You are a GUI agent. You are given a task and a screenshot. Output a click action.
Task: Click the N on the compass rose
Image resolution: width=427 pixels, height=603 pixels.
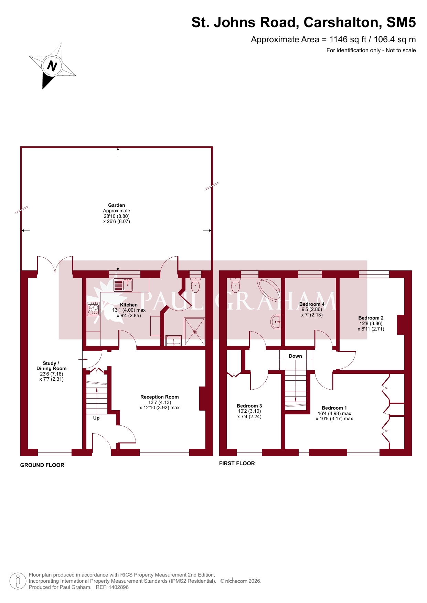[52, 66]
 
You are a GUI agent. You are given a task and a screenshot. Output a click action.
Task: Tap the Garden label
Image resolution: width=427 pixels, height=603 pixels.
[117, 205]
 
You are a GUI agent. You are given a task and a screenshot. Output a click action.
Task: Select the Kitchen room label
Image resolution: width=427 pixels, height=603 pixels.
[129, 305]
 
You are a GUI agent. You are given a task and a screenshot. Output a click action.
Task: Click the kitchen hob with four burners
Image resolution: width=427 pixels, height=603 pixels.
[93, 309]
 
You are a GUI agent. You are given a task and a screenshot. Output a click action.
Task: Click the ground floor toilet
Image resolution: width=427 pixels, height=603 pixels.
[195, 284]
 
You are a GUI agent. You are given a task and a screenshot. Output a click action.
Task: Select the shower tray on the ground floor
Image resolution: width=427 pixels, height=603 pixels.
[195, 332]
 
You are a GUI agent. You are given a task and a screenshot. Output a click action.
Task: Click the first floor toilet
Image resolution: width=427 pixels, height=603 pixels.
[236, 284]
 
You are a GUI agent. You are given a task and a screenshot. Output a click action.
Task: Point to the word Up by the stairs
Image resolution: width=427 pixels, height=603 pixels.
[96, 418]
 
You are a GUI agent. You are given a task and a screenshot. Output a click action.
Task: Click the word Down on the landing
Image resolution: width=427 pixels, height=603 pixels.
[296, 356]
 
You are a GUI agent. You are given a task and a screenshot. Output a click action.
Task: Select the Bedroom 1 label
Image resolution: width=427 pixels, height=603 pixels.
[334, 408]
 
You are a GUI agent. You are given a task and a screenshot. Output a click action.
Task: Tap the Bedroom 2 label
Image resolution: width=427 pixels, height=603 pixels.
[371, 318]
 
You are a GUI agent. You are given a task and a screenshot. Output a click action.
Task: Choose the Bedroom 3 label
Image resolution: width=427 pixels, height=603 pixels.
[249, 406]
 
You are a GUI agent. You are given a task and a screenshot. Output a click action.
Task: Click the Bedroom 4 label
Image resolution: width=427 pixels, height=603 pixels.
[312, 304]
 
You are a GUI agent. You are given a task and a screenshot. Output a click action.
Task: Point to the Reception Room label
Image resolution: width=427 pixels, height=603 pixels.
[160, 397]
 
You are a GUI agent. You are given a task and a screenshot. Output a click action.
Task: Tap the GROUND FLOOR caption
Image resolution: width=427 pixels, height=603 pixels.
[42, 465]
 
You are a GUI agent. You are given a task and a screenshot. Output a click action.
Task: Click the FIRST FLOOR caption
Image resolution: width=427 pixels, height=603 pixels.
[237, 463]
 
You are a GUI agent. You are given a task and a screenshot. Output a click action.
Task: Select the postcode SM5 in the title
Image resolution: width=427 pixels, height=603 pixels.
[401, 22]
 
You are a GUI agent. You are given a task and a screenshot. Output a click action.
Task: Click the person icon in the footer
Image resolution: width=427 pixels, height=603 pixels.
[18, 581]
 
